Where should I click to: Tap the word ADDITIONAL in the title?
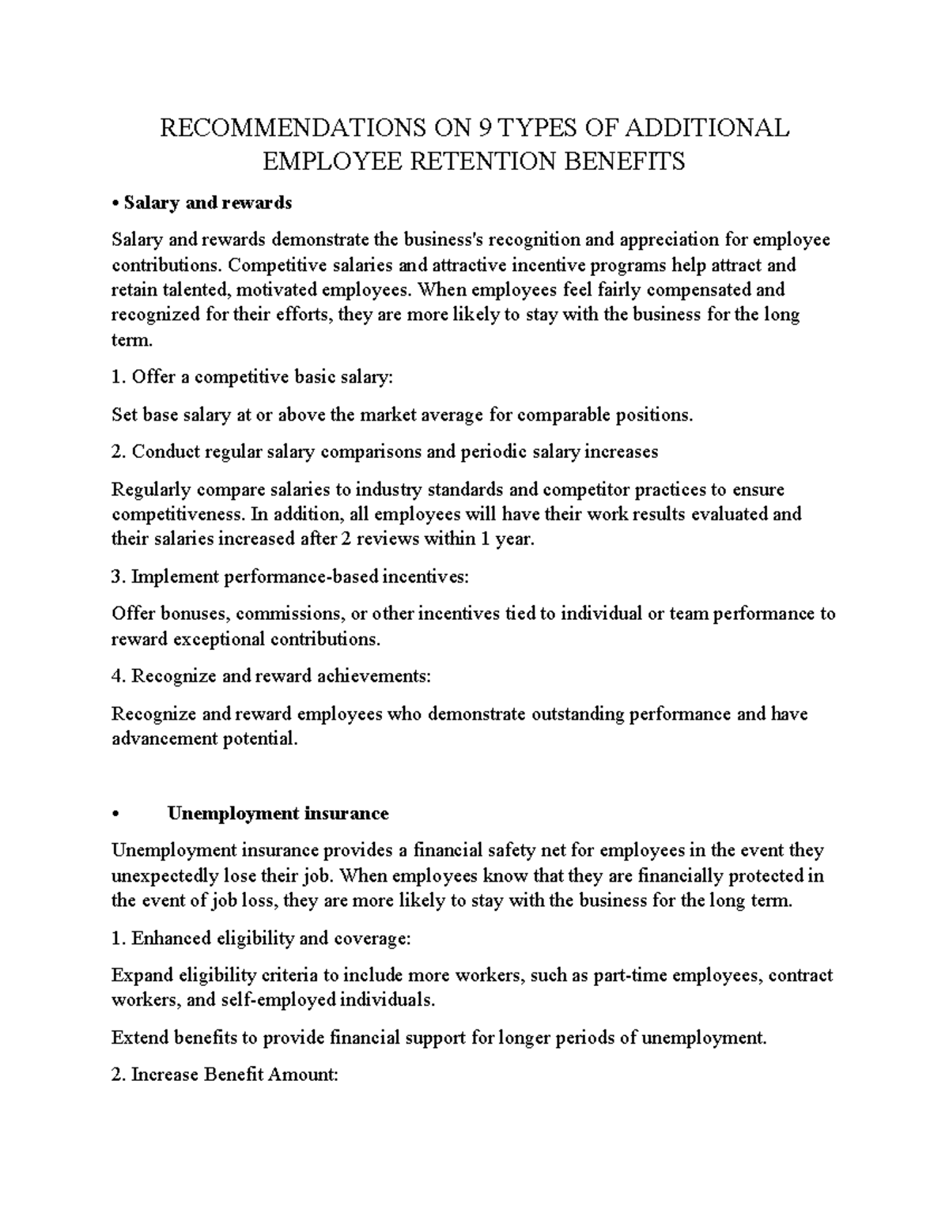coord(713,128)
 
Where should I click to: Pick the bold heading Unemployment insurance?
coord(278,814)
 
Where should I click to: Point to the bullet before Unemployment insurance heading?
coord(116,814)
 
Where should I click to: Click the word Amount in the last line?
coord(302,1075)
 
